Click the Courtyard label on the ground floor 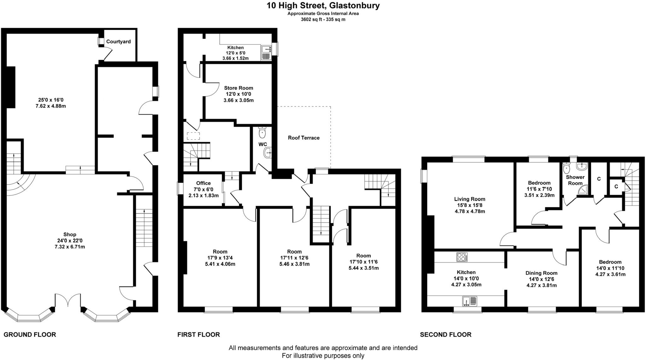click(x=118, y=42)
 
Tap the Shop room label click(x=70, y=235)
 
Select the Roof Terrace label click(x=303, y=138)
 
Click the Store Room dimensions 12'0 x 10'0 click(x=238, y=94)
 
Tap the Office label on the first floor click(x=203, y=183)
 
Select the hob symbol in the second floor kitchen click(x=462, y=257)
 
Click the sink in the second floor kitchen click(x=470, y=301)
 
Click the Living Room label click(x=470, y=199)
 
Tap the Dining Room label click(x=541, y=273)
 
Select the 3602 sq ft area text click(x=323, y=20)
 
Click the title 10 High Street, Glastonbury click(x=323, y=5)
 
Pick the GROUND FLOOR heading click(x=30, y=334)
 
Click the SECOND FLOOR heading click(x=445, y=334)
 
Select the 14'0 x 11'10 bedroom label click(x=610, y=268)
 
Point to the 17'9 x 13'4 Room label click(x=220, y=258)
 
